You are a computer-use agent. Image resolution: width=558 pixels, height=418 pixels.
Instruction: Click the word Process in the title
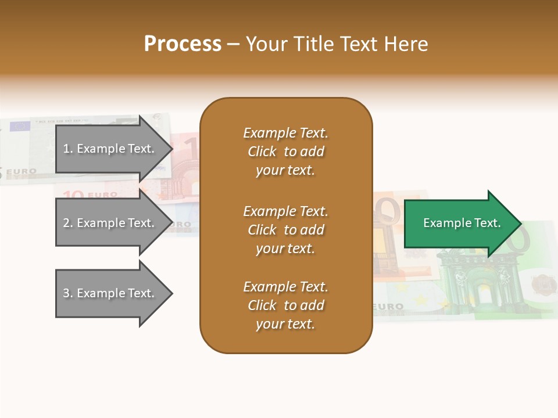[183, 44]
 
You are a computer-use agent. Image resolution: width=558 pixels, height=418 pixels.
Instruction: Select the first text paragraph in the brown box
[285, 152]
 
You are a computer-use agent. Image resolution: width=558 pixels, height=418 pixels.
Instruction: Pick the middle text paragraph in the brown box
[285, 230]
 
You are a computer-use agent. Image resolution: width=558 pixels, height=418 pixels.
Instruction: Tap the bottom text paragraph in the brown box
[285, 305]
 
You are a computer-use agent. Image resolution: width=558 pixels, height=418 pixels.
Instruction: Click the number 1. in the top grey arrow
[68, 149]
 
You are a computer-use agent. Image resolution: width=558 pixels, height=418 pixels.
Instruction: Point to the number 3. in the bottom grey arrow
[68, 293]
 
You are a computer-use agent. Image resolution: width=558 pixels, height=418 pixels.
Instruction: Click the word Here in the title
[407, 44]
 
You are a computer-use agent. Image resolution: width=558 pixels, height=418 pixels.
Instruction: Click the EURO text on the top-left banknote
[22, 172]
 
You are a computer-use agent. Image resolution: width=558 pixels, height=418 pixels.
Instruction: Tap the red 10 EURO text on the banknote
[90, 194]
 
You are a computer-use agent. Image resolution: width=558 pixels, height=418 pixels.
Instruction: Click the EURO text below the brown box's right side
[388, 306]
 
